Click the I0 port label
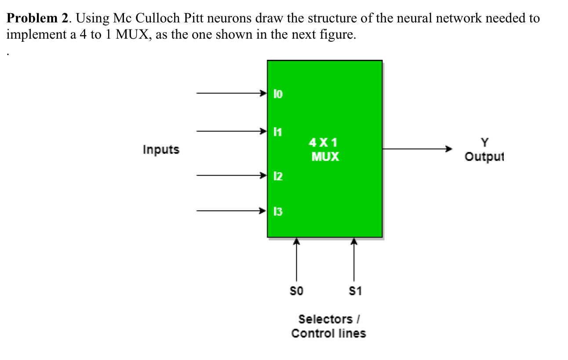tap(278, 94)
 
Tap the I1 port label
tap(278, 131)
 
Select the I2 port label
tap(278, 176)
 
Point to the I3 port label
tap(278, 211)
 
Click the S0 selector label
tap(296, 291)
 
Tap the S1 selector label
tap(355, 291)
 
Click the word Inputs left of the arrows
tap(161, 149)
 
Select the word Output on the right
tap(484, 156)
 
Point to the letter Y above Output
tap(484, 142)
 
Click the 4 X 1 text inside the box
tap(324, 142)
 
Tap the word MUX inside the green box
tap(325, 156)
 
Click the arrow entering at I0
tap(231, 93)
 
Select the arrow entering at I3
tap(231, 211)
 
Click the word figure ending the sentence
tap(338, 35)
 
